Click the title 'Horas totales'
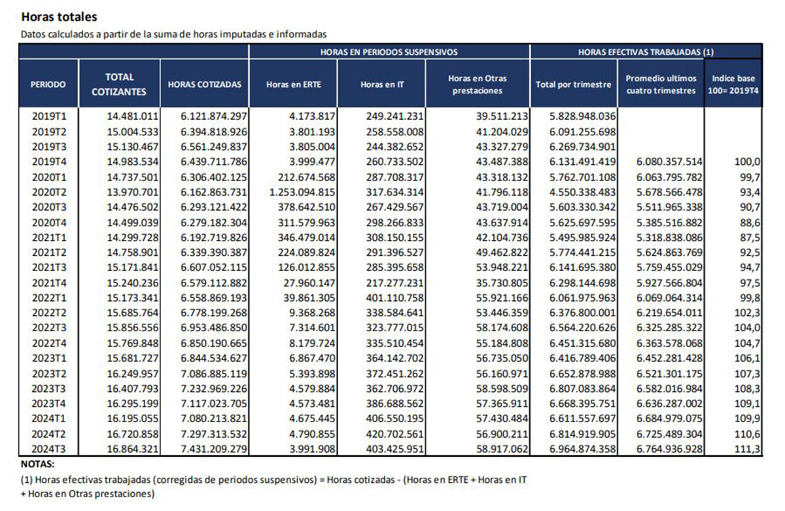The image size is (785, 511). [60, 17]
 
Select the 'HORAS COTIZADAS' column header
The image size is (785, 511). [205, 84]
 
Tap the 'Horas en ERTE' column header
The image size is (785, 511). [294, 84]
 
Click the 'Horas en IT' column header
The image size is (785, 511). [382, 84]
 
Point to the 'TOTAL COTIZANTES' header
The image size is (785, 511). [119, 84]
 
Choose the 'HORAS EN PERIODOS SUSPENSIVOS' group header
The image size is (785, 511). [389, 52]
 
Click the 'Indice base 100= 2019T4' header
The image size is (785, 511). [733, 84]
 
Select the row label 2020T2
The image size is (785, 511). [49, 192]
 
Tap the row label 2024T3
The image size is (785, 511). [49, 449]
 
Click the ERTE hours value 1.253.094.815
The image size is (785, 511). [302, 192]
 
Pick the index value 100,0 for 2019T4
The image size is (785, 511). [748, 162]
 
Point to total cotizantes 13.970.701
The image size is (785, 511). [132, 192]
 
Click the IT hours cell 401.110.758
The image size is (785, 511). [395, 298]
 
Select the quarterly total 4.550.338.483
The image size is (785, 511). [582, 192]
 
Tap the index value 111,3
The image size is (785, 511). [748, 449]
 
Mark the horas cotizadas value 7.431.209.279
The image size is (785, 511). [214, 449]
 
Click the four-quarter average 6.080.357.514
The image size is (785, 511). [669, 162]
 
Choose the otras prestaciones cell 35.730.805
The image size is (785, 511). [502, 283]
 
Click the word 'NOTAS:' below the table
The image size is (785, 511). [38, 464]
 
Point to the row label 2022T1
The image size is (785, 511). [49, 298]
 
